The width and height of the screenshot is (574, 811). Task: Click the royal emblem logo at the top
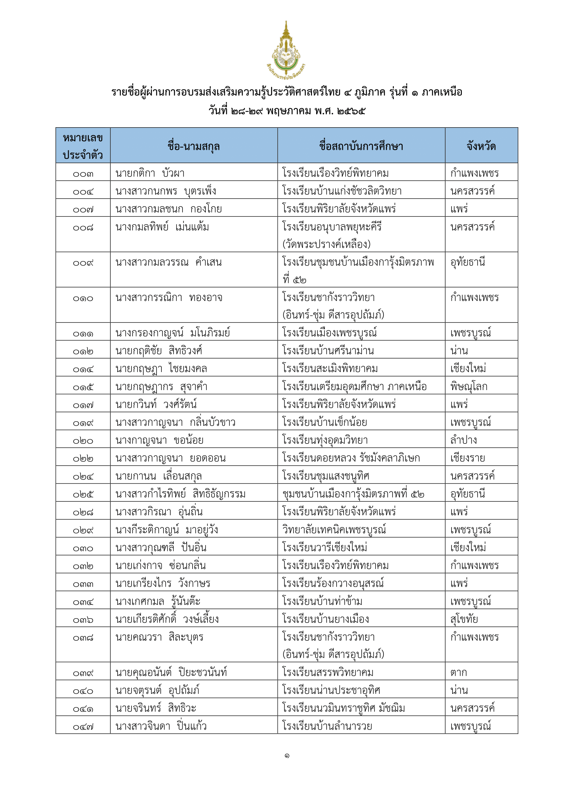[286, 50]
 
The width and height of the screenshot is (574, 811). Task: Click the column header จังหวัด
[481, 146]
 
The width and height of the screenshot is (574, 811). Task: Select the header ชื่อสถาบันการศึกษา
[361, 146]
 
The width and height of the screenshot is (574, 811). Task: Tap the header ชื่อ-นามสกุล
[194, 146]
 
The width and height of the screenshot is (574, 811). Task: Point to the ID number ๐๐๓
[83, 174]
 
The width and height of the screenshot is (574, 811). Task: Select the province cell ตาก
[458, 672]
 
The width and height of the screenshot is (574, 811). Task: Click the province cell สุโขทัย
[464, 619]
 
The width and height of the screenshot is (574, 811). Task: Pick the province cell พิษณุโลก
[469, 386]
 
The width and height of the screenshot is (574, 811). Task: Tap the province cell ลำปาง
[463, 440]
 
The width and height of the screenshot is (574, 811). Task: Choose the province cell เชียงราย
[467, 458]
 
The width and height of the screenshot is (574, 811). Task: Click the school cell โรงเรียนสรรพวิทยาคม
[328, 672]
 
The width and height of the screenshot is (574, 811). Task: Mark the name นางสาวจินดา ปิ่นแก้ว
[161, 726]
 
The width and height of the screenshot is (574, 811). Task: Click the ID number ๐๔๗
[83, 727]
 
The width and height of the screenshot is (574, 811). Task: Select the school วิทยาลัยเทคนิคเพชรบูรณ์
[334, 529]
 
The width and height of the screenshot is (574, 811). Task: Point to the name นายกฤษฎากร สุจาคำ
[161, 386]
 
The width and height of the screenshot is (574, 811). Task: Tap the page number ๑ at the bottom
[287, 756]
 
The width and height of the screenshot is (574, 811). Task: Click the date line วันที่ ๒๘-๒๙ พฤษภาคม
[287, 111]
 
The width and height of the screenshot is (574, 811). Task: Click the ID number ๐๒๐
[83, 441]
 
